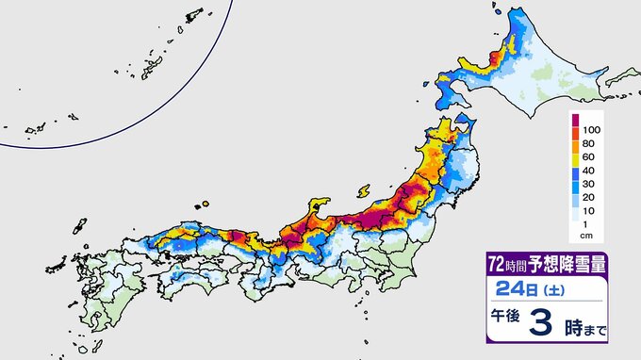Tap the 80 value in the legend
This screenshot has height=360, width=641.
(592, 144)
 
